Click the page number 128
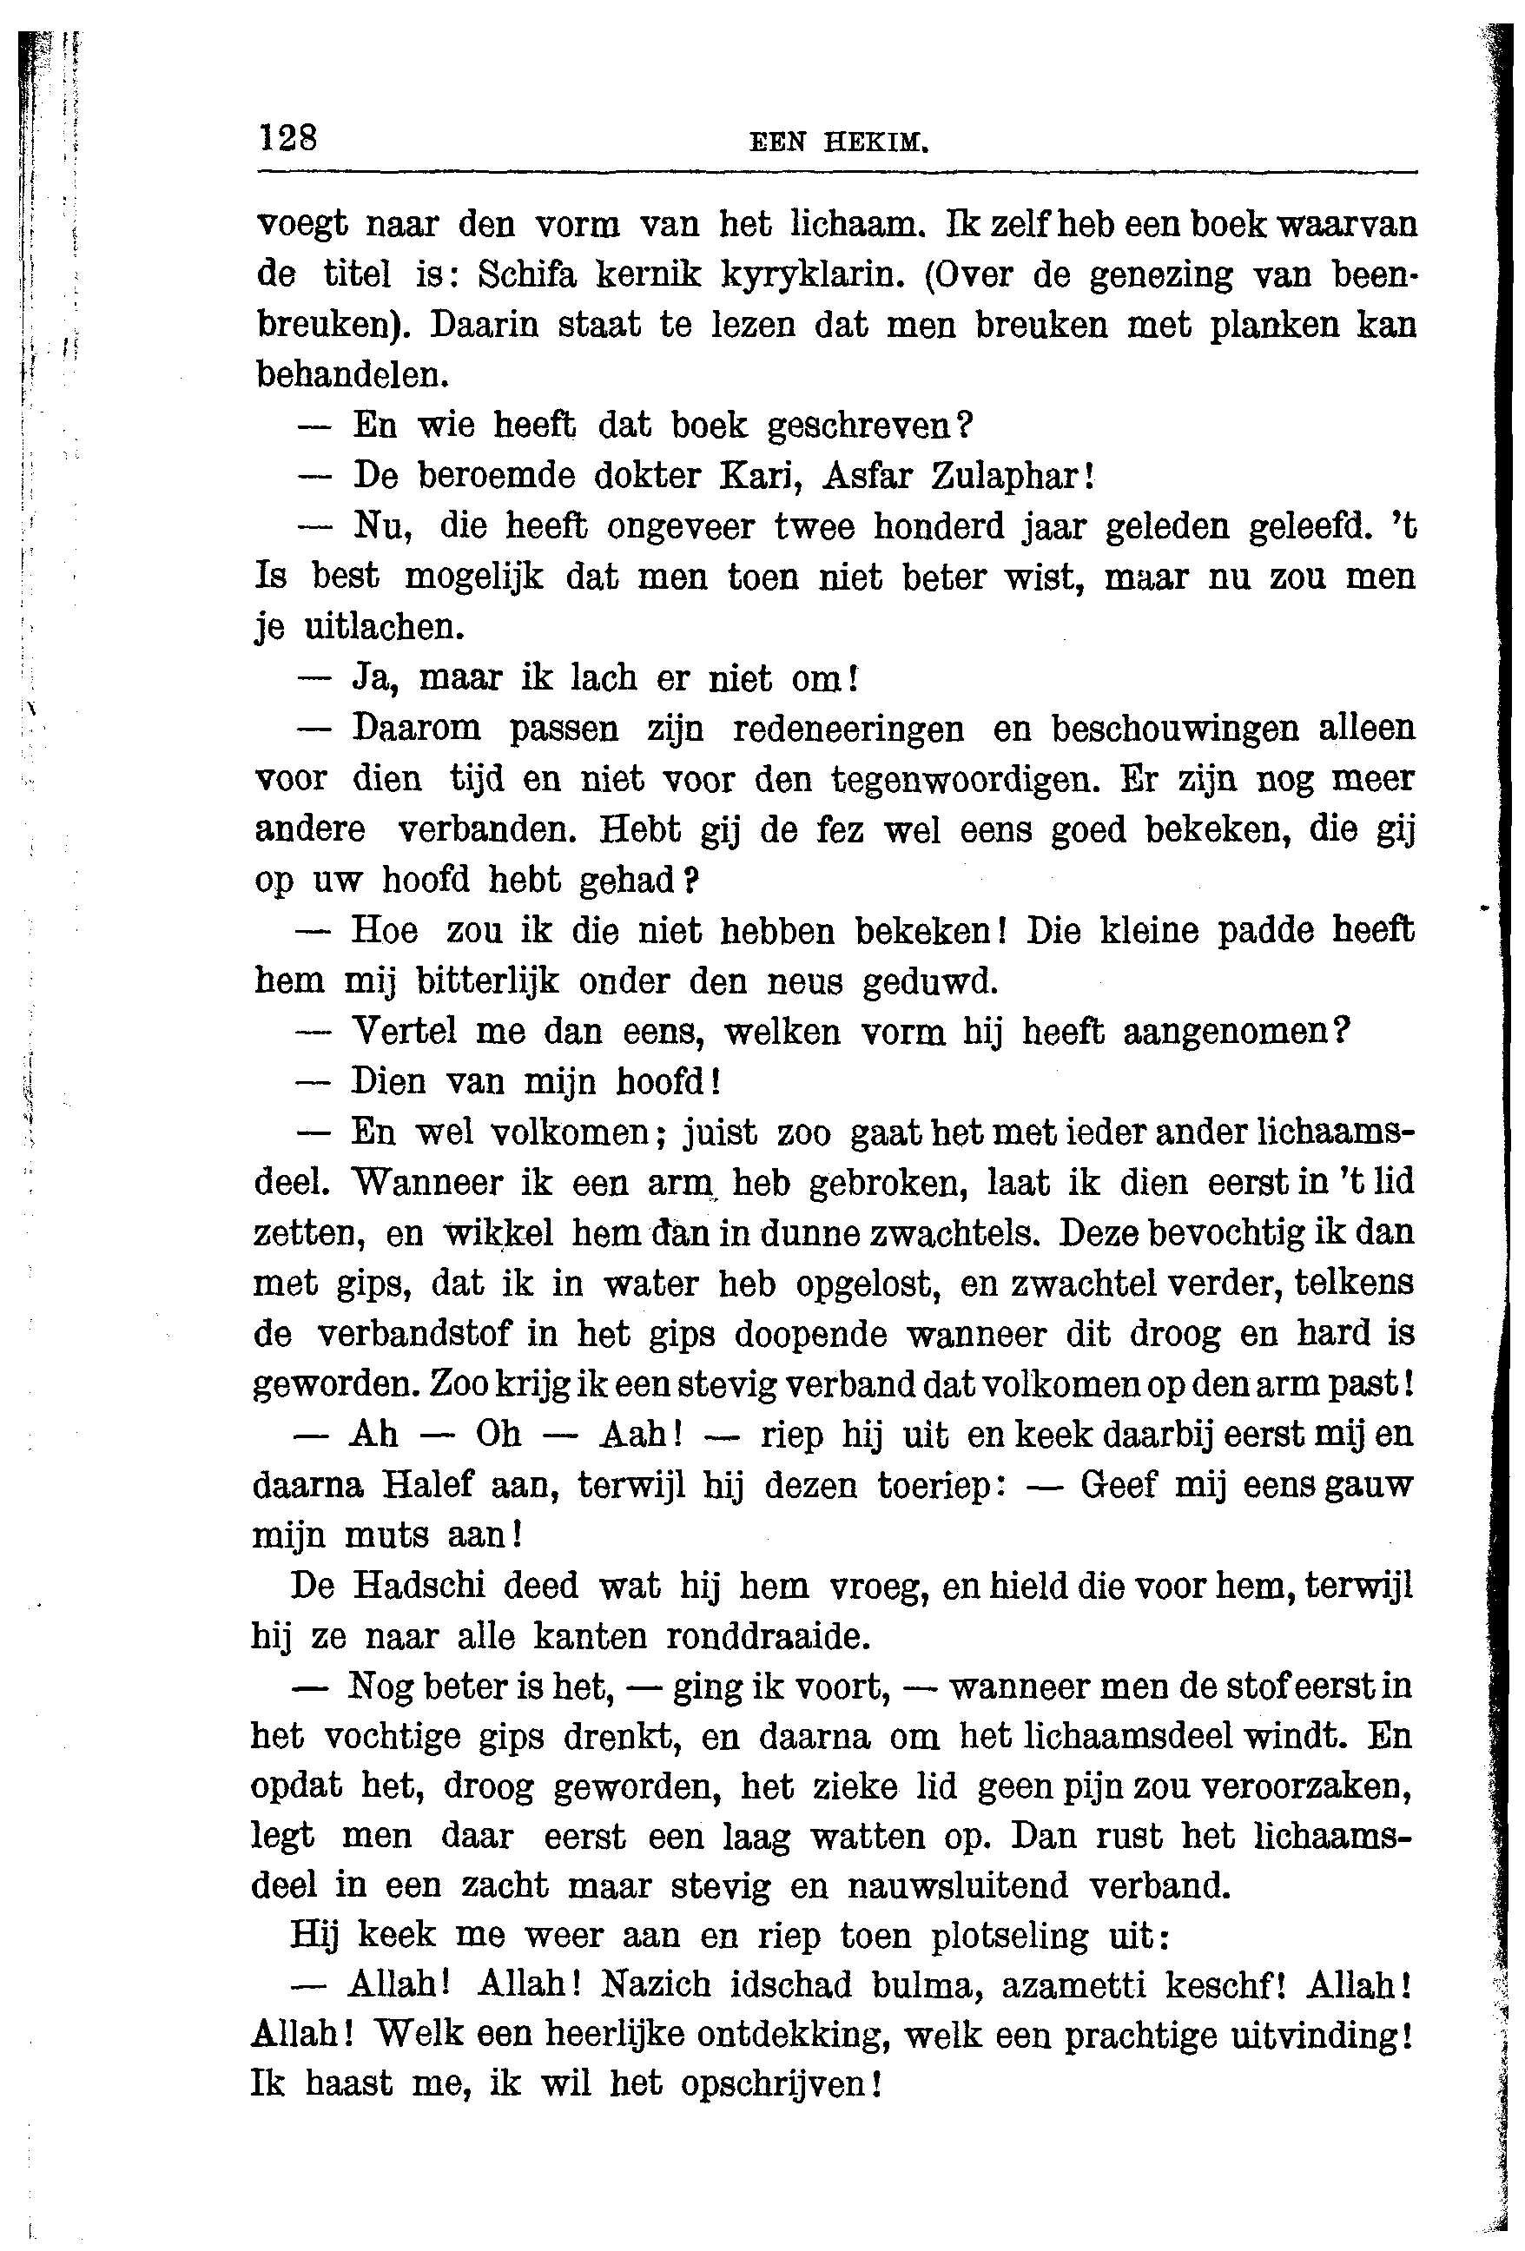[x=287, y=137]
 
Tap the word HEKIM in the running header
[x=876, y=143]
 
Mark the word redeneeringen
[x=848, y=729]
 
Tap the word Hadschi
[x=422, y=1586]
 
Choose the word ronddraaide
[x=769, y=1636]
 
